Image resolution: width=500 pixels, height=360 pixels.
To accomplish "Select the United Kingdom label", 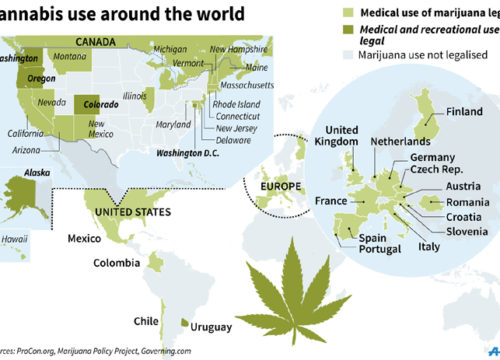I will [342, 137].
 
